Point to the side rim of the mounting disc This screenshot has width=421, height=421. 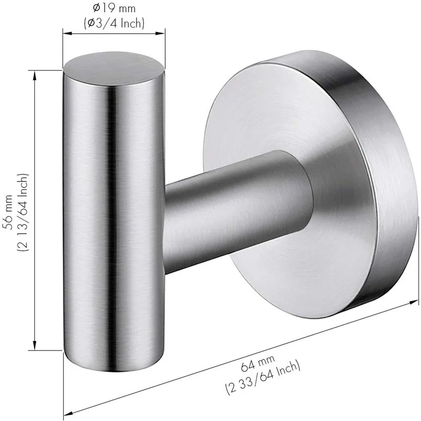coord(379,174)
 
